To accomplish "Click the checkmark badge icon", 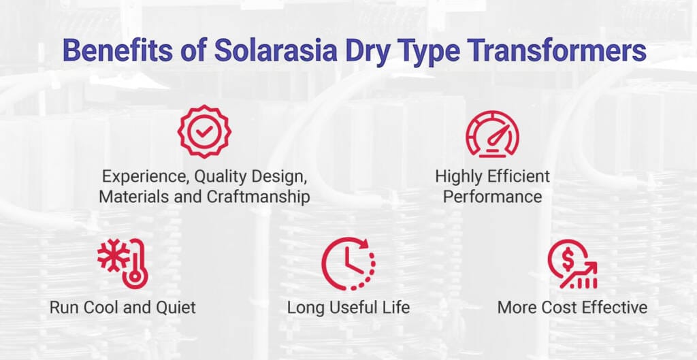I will (x=204, y=131).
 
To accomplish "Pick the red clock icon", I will (x=348, y=263).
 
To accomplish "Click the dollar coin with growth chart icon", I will (x=572, y=263).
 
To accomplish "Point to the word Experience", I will (x=145, y=177).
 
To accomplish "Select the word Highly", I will (x=460, y=176).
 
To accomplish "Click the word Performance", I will (x=492, y=197).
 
